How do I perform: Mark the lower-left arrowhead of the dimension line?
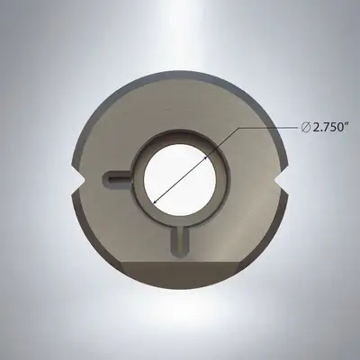click(152, 203)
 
